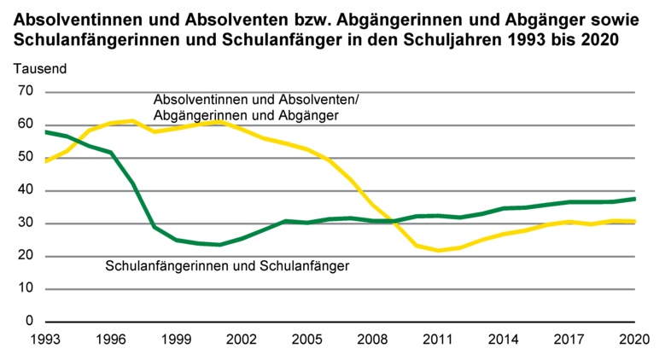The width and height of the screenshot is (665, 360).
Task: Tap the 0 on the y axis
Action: [x=28, y=322]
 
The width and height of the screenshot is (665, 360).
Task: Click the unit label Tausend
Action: [x=38, y=67]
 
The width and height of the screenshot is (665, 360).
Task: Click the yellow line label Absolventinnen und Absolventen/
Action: [x=256, y=99]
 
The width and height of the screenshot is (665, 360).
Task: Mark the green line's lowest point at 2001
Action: [x=220, y=245]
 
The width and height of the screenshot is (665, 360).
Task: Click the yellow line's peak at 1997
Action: [x=132, y=120]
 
